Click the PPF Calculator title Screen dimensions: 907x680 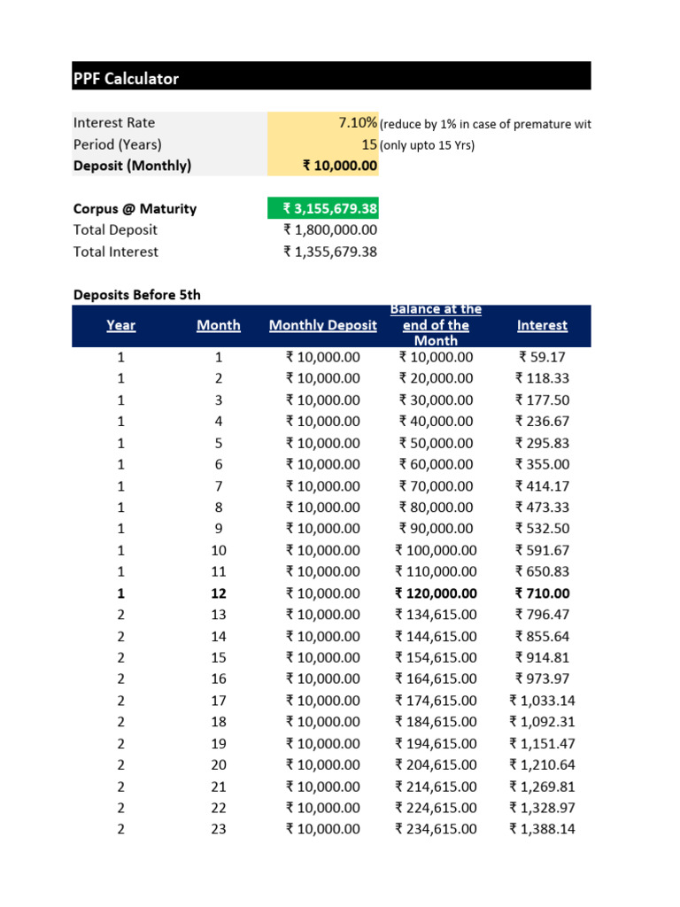click(126, 79)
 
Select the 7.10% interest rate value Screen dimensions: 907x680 click(358, 123)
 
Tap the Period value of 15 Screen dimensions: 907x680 click(369, 144)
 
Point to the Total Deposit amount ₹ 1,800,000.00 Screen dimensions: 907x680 click(330, 230)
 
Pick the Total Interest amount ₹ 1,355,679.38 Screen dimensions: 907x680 click(330, 252)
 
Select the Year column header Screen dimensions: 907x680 click(121, 325)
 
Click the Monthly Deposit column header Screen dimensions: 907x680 click(322, 325)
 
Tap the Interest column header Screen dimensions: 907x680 click(542, 325)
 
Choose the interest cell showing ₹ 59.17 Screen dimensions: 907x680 click(542, 357)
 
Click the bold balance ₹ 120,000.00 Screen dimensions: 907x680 click(436, 593)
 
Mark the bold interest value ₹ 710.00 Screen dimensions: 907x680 click(542, 593)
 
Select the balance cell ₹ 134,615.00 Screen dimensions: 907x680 click(436, 615)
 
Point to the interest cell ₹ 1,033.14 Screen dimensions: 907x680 click(542, 701)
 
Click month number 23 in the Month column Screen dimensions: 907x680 click(219, 829)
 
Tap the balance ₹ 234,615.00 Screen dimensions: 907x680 click(436, 829)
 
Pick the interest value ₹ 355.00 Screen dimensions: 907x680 click(542, 464)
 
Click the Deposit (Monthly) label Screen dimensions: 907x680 click(132, 166)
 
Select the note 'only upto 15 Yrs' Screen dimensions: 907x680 click(427, 145)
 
